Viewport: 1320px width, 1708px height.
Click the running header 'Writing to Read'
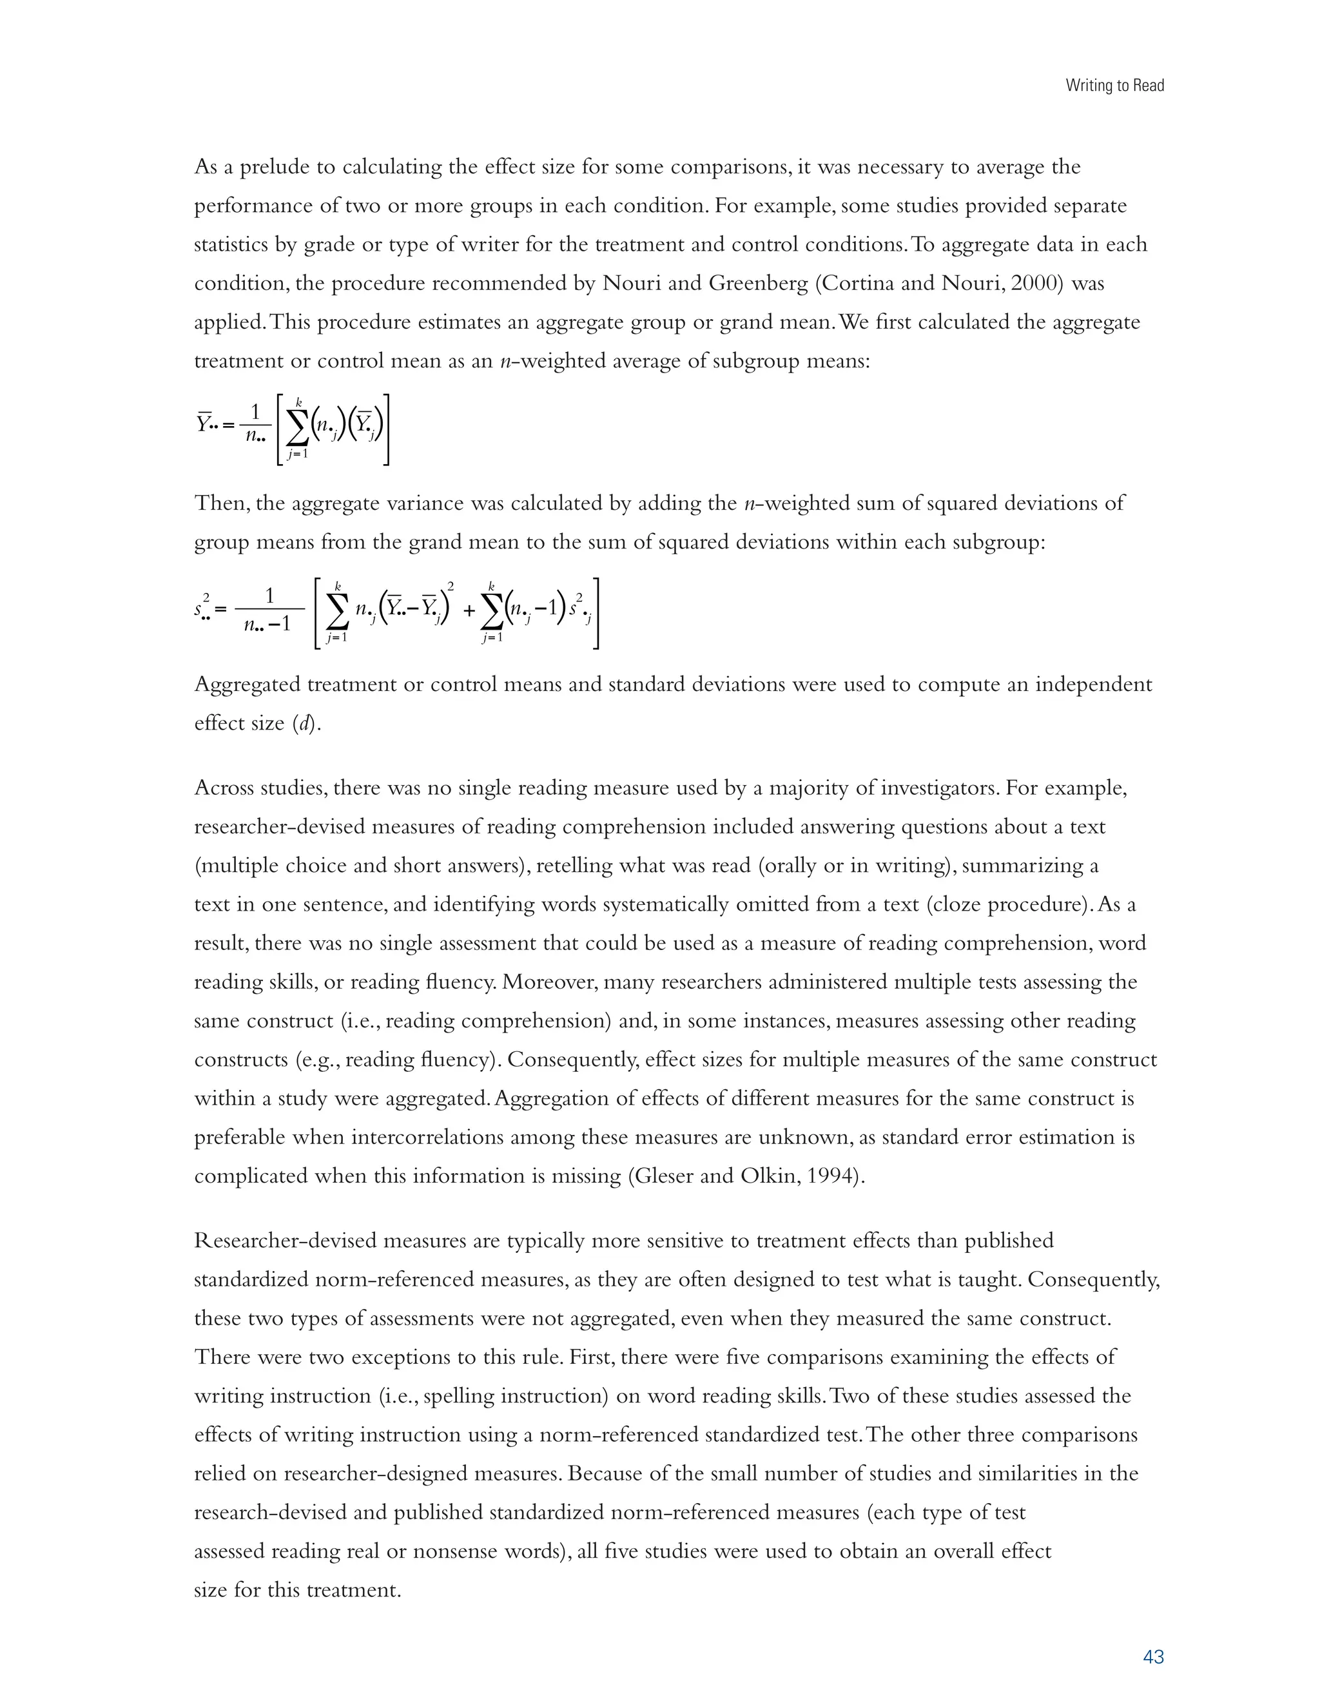coord(1114,86)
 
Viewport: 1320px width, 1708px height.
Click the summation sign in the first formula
coord(297,428)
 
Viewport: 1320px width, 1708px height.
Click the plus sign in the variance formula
coord(469,611)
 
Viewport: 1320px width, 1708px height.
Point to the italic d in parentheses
coord(306,723)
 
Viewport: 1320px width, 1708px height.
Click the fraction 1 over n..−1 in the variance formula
coord(268,611)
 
